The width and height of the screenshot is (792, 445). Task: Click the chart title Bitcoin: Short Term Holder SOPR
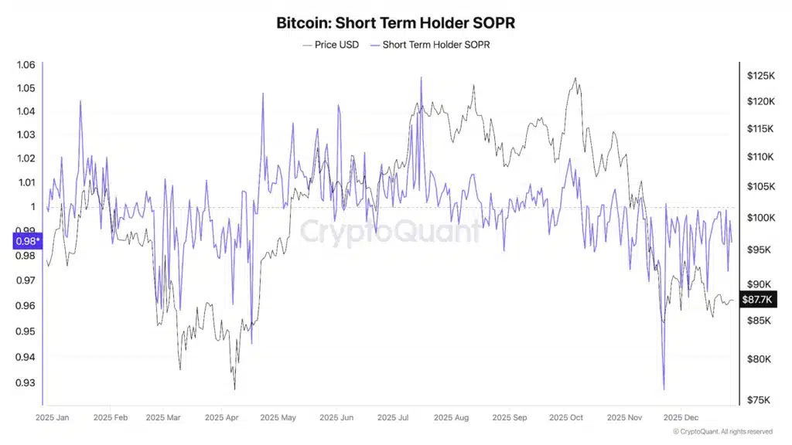395,22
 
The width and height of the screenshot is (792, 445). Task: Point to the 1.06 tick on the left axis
26,65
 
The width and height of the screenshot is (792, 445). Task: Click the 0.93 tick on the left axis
26,382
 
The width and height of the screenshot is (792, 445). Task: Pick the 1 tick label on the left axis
32,206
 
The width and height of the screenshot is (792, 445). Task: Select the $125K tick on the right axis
761,76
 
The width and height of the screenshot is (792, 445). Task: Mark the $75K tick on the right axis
759,399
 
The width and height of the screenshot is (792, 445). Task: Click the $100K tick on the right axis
761,218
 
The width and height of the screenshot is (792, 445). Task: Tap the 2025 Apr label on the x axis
222,418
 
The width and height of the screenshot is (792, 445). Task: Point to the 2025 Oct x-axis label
566,418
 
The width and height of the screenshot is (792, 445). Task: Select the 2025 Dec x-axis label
682,418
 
